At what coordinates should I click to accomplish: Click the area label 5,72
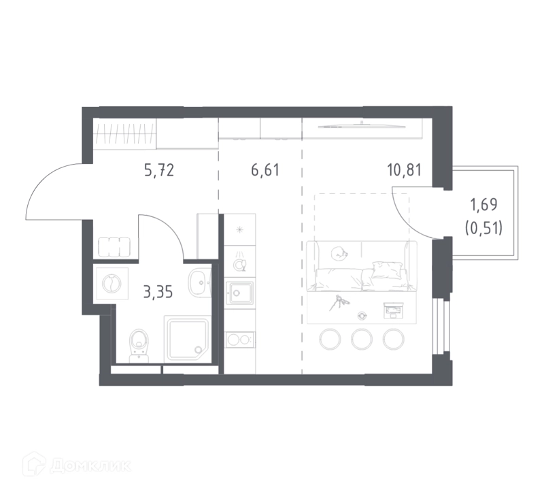coord(159,171)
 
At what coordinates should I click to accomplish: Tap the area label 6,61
coord(265,171)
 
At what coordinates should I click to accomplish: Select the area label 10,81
coord(405,171)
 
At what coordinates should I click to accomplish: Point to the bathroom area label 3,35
coord(158,293)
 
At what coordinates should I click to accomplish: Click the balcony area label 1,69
coord(483,205)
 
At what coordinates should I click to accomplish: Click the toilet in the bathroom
coord(139,345)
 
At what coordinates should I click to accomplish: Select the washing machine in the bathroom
coord(111,283)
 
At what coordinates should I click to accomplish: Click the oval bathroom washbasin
coord(200,282)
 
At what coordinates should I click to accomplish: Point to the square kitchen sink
coord(239,293)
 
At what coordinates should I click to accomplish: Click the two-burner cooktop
coord(239,339)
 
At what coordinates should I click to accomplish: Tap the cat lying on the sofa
coord(339,254)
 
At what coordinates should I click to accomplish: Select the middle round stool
coord(362,339)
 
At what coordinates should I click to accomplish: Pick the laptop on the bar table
coord(394,310)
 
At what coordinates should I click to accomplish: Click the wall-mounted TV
coord(362,126)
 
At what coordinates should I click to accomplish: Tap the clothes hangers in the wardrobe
coord(124,133)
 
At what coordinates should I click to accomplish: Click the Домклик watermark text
coord(90,465)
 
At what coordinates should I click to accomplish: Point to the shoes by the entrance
coord(114,247)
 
